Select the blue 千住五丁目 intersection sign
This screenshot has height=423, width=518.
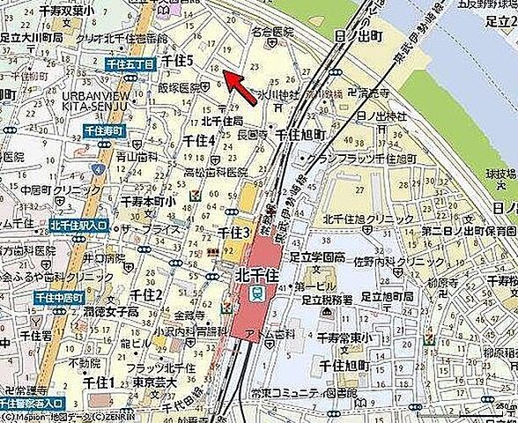tap(129, 64)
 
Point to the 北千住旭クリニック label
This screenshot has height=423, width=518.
tap(368, 219)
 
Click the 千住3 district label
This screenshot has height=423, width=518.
tap(235, 231)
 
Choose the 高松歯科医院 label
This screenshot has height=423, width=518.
tap(212, 172)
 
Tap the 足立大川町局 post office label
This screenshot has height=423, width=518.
tap(31, 40)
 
